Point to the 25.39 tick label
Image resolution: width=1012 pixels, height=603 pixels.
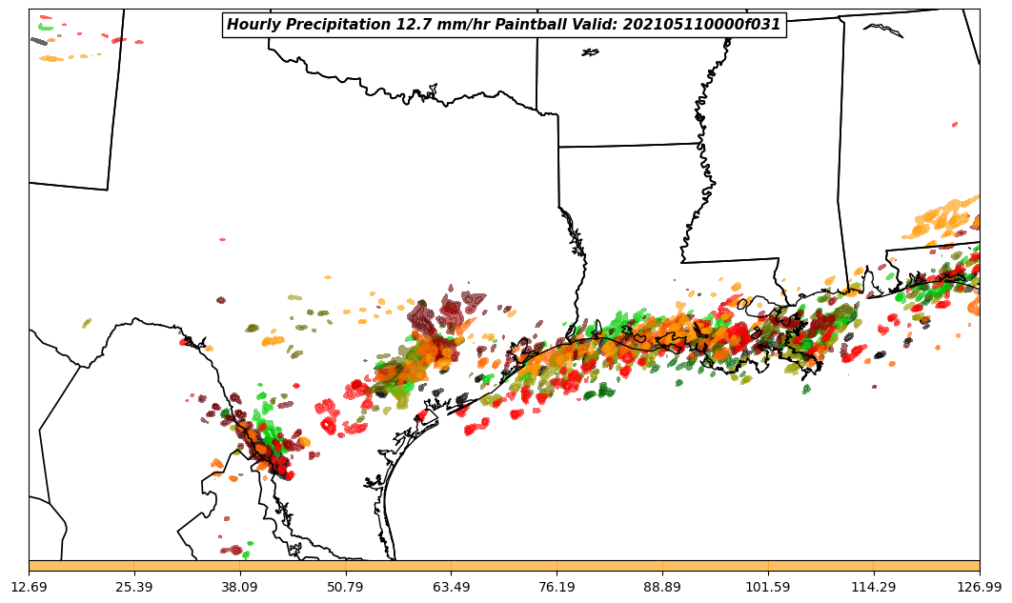click(x=134, y=587)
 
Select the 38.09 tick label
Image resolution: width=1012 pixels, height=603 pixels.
click(x=240, y=587)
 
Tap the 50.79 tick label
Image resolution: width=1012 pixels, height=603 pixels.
click(x=345, y=587)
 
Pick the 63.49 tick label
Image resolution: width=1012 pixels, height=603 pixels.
click(x=451, y=587)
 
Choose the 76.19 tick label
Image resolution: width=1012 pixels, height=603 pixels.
click(x=557, y=587)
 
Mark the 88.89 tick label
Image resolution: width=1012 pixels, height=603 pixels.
click(x=662, y=587)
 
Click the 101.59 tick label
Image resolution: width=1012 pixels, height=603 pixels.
click(x=768, y=587)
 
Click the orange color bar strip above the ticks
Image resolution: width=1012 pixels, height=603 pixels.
click(x=504, y=566)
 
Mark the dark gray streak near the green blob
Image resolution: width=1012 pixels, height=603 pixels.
click(x=39, y=41)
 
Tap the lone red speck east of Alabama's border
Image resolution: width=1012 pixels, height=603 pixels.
click(x=955, y=125)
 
